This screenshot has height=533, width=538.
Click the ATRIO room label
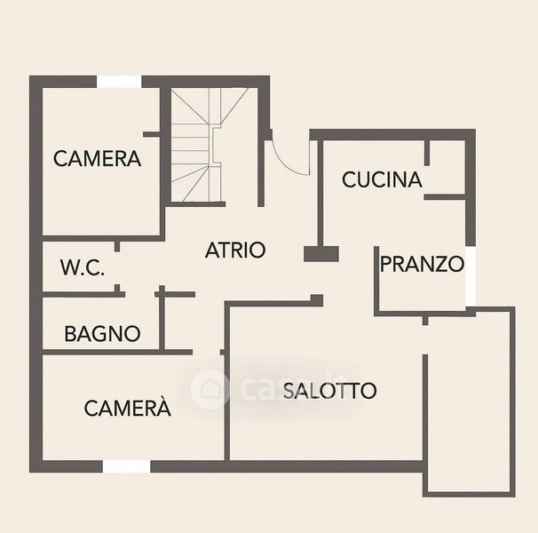click(235, 250)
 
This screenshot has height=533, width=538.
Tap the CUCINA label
click(382, 179)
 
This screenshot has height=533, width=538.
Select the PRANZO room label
click(423, 264)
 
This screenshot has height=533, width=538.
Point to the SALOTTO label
click(330, 390)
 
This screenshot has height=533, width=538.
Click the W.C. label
click(83, 267)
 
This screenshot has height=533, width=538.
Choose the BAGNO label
click(102, 334)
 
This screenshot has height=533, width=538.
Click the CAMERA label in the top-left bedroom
click(98, 159)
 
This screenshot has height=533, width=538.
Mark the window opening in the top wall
click(119, 82)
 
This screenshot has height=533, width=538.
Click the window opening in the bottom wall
click(126, 465)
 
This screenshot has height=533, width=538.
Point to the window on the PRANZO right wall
click(471, 275)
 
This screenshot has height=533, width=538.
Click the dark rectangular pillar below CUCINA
click(321, 254)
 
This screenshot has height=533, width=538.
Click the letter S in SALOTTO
click(289, 390)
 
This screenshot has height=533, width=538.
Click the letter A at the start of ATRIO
click(212, 250)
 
